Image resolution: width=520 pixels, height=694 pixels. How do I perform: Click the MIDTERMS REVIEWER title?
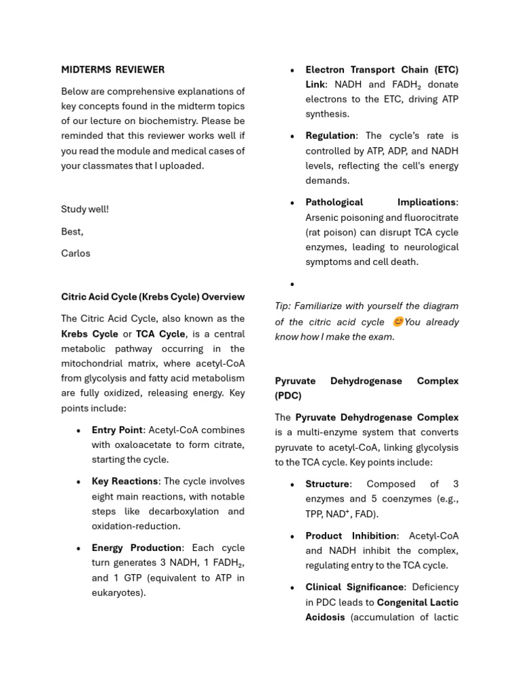click(x=112, y=69)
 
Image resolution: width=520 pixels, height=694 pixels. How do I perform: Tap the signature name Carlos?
click(x=75, y=253)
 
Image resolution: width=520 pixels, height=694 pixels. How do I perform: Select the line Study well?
click(x=85, y=209)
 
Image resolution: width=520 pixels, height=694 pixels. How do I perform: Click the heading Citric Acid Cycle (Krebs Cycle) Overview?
click(x=152, y=297)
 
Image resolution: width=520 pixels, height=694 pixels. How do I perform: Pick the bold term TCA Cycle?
click(x=160, y=334)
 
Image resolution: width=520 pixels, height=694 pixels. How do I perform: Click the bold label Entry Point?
click(x=117, y=430)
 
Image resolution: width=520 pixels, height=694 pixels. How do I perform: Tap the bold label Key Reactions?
click(x=125, y=481)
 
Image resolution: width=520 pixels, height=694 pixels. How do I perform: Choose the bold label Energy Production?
click(x=137, y=548)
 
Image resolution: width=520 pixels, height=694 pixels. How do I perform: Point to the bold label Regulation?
click(x=330, y=136)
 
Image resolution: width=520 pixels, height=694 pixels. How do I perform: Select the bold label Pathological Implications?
click(x=381, y=202)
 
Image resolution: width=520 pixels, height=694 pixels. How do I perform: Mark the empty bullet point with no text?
click(x=292, y=285)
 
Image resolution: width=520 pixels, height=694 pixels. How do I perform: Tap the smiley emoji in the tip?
click(x=397, y=322)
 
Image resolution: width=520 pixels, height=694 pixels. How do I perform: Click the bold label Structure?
click(x=328, y=484)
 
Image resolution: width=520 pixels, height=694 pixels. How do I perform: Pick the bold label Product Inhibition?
click(x=351, y=535)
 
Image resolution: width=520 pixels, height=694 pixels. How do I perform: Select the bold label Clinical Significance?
click(x=355, y=587)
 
